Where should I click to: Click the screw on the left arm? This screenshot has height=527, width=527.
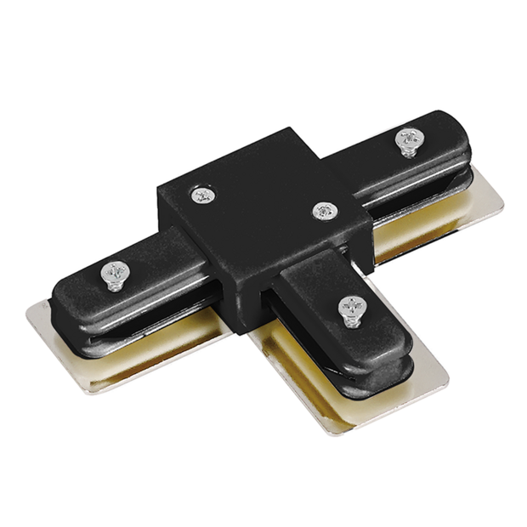click(x=114, y=273)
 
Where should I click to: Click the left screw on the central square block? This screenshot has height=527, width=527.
click(x=202, y=195)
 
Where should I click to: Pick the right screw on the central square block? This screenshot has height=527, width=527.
click(x=323, y=211)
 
